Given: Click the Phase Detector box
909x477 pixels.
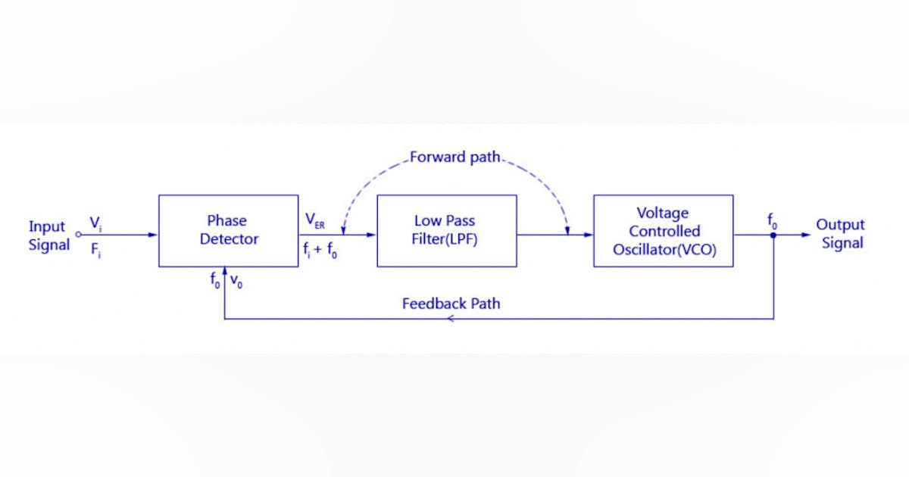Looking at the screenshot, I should (x=228, y=230).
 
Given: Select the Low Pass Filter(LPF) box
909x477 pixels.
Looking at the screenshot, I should (x=446, y=230).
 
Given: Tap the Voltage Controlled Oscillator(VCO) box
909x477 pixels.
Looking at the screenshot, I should (x=663, y=230).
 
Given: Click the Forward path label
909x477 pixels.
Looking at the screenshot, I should (x=454, y=158).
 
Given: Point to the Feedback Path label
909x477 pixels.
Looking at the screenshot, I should (x=451, y=304).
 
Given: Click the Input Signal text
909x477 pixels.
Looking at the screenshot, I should (x=48, y=235).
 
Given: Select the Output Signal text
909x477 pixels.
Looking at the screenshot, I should (x=840, y=234).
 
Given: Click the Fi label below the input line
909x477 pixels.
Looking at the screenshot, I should (x=95, y=251).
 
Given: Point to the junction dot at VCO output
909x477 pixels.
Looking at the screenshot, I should (x=773, y=235).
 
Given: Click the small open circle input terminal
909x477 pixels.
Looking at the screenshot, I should (x=78, y=235).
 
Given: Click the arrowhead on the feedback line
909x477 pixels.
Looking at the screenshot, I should (x=451, y=319).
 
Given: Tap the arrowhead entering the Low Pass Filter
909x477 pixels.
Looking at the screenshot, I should (x=371, y=235).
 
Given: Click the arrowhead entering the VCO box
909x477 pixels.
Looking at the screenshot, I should (x=589, y=235).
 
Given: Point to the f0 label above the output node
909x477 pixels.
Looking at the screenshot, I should (x=772, y=221).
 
